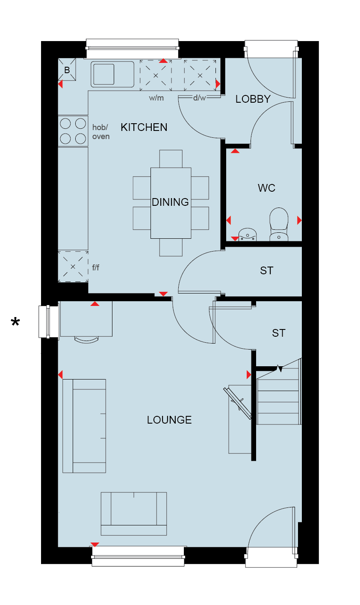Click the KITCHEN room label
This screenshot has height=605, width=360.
coord(144,127)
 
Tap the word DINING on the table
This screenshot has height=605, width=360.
coord(170,202)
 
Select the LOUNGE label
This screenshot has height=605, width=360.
coord(169,420)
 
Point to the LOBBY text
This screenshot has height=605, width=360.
coord(253,99)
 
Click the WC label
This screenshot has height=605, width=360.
coord(267,188)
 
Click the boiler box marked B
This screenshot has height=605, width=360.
coord(67,69)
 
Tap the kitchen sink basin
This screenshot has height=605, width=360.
coord(104,74)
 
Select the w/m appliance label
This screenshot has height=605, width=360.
coord(156,98)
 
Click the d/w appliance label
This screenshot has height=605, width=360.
coord(199,98)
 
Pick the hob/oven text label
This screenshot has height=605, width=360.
coord(100,132)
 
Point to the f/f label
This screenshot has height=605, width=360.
coord(95,267)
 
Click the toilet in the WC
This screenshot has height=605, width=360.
coord(279,224)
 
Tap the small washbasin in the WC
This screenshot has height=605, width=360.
coord(248,234)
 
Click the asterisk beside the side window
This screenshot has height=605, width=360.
coord(15,322)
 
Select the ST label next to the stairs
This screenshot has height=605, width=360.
coord(278,333)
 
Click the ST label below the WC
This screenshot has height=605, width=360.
coord(267,271)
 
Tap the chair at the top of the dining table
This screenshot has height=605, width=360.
coord(171,159)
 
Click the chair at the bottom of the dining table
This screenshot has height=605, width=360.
coord(171,247)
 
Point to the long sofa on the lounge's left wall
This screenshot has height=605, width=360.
coord(84,426)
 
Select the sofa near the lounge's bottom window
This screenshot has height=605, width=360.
coord(133,513)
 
